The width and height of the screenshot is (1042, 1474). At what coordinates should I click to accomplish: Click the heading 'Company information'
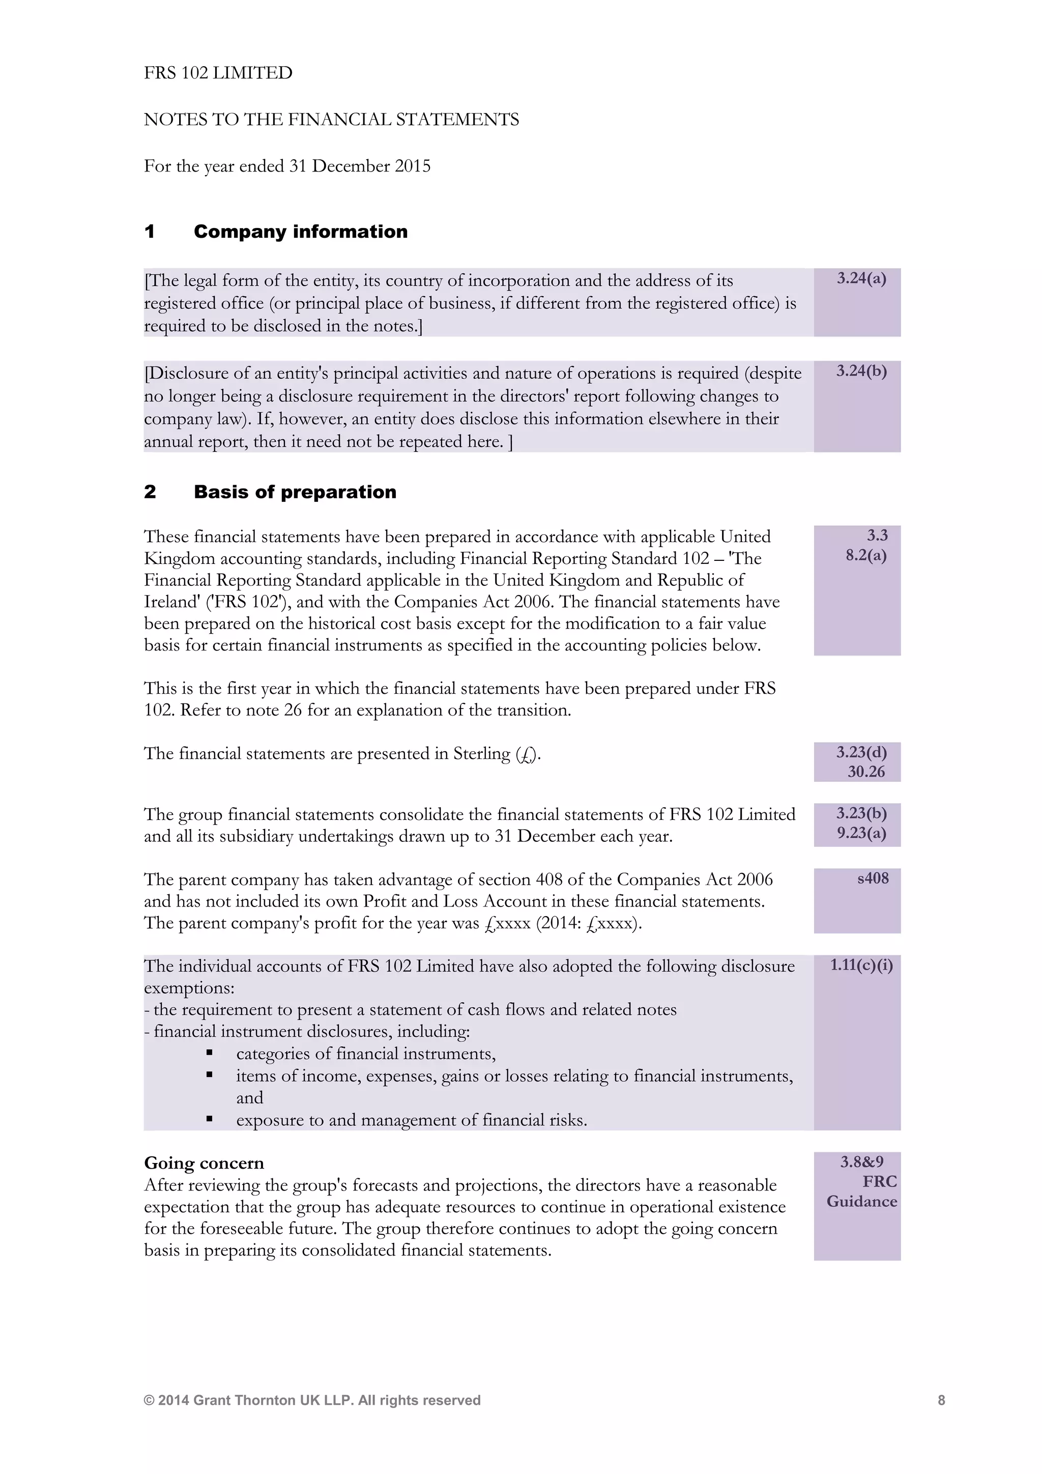pos(300,232)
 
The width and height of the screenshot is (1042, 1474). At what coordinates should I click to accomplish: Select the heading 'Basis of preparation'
pos(295,492)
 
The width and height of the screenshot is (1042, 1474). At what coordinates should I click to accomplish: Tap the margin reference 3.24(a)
pos(861,278)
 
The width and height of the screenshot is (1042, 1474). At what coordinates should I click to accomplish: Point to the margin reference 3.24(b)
pos(861,371)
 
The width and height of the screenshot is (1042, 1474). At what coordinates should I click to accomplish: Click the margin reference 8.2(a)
pos(865,555)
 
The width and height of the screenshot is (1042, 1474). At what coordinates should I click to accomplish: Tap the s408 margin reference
pos(873,878)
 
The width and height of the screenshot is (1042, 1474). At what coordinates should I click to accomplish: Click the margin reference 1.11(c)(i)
pos(861,965)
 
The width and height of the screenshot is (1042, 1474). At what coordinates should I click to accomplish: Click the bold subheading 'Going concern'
pos(204,1164)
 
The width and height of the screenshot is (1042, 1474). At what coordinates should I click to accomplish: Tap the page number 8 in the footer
pos(941,1400)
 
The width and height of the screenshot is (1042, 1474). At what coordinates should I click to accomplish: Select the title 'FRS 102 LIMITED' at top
pos(218,73)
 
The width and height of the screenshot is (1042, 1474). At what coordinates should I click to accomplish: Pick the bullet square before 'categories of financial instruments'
pos(209,1053)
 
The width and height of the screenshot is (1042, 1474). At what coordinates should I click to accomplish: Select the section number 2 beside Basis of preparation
pos(150,492)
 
